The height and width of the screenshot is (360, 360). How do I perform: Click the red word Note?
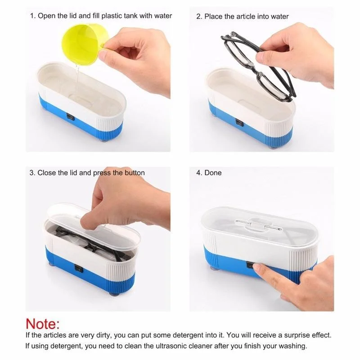point(43,324)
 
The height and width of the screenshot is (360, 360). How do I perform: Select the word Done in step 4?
point(213,173)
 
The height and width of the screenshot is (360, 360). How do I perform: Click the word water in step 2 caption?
point(279,17)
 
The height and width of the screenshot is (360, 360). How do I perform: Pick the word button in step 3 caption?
point(135,173)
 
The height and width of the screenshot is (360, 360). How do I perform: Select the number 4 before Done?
point(198,173)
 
